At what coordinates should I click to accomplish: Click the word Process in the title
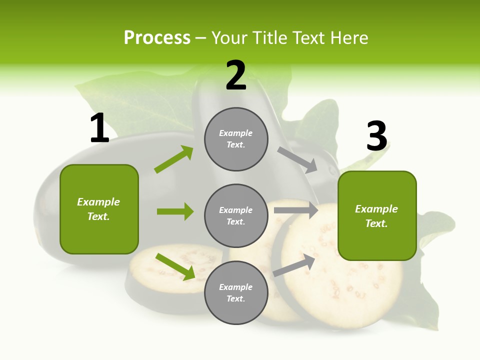(x=157, y=38)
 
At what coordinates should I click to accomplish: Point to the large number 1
(x=99, y=128)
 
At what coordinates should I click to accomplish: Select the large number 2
(x=236, y=75)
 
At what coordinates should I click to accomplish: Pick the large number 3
(x=376, y=136)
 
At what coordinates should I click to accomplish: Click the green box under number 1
(x=99, y=209)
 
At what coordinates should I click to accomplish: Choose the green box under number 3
(x=377, y=216)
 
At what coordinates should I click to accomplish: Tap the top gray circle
(x=236, y=139)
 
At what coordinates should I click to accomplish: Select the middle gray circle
(x=236, y=216)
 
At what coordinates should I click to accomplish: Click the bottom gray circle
(x=236, y=293)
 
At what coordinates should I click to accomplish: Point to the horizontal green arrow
(x=175, y=211)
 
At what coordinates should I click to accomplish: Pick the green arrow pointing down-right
(x=175, y=266)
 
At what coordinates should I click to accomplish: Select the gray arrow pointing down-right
(x=297, y=159)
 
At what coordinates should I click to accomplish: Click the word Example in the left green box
(x=98, y=202)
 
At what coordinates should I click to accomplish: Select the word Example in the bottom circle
(x=236, y=287)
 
